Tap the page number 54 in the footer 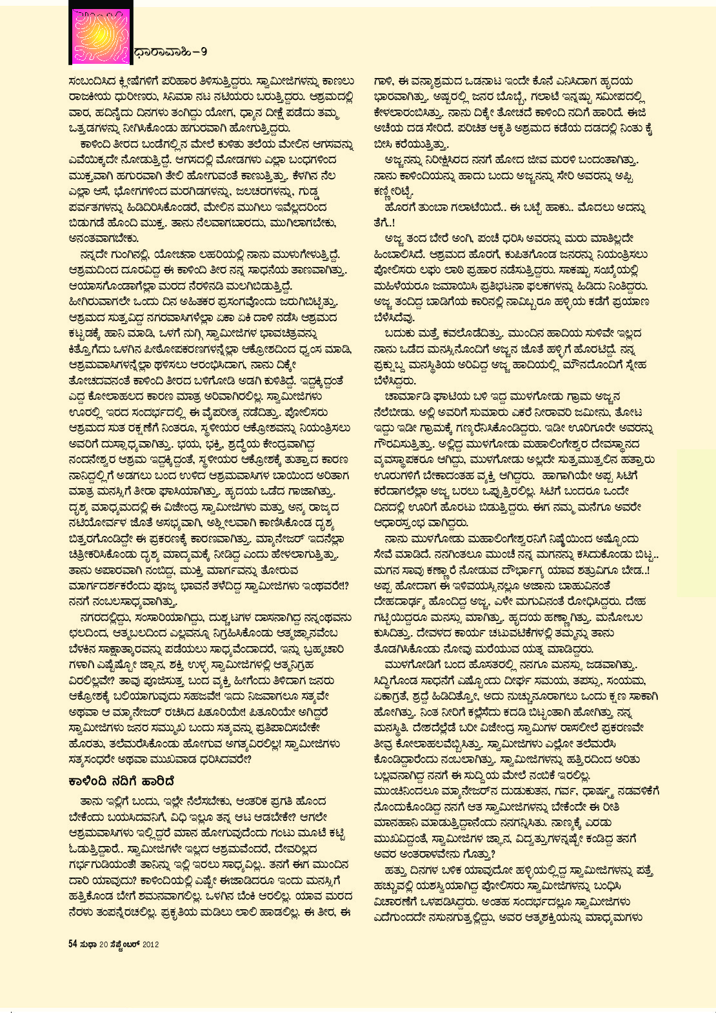73,944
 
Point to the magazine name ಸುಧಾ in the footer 88,944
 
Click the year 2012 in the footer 150,944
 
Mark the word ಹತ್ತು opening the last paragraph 395,870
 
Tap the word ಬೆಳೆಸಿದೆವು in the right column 394,317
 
